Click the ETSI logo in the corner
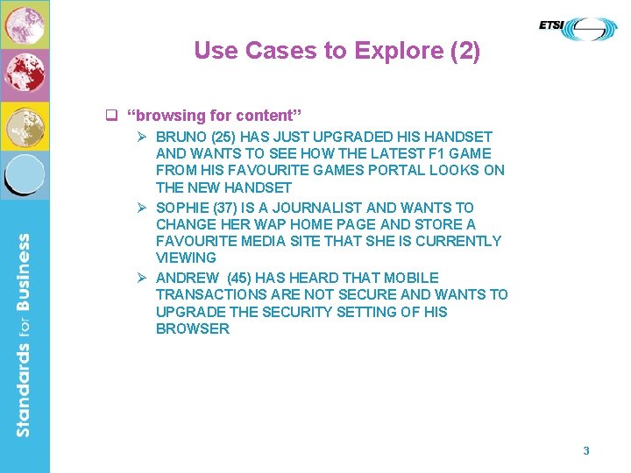click(x=578, y=29)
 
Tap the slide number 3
click(x=586, y=450)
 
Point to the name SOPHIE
click(x=180, y=208)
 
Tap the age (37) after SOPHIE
click(x=222, y=208)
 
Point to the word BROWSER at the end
click(x=193, y=328)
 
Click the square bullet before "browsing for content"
click(x=111, y=115)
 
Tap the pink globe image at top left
click(x=25, y=25)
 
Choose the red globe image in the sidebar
click(x=25, y=75)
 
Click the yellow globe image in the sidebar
click(x=25, y=126)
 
